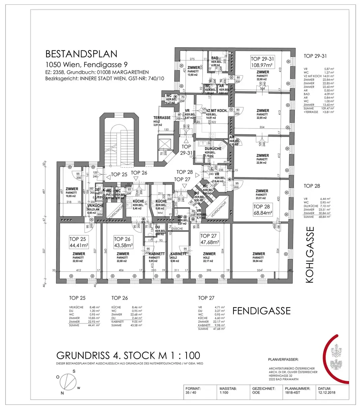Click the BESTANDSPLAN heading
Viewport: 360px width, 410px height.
(81, 54)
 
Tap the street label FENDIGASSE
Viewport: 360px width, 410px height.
(262, 311)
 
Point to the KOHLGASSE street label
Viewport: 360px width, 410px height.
(310, 255)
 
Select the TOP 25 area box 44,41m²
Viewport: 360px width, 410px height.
(79, 242)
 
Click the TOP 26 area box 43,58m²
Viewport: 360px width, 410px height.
(123, 242)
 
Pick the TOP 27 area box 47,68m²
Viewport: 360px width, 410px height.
(209, 239)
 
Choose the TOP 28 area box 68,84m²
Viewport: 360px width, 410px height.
(262, 209)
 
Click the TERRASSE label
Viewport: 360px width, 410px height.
(162, 118)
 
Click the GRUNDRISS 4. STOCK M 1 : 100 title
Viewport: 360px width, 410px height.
(128, 356)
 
